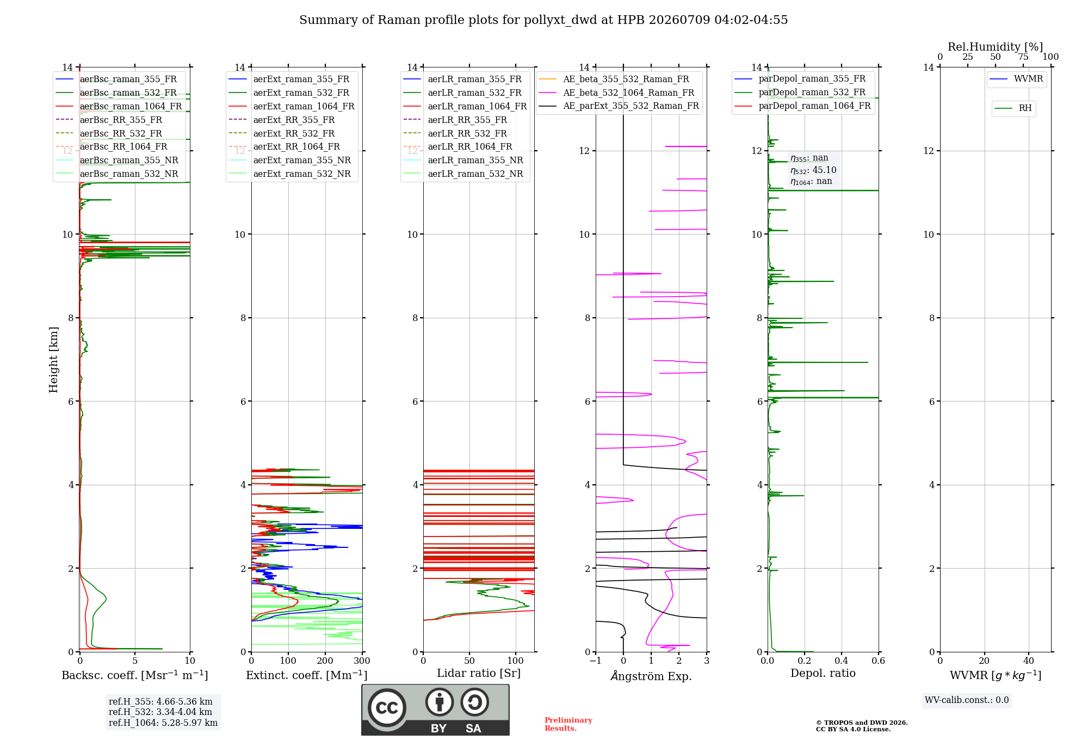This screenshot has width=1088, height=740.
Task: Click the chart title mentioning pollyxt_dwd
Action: coord(543,20)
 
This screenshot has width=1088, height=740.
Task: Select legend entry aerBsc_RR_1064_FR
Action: coord(123,147)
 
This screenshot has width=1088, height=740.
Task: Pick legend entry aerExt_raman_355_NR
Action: coord(302,161)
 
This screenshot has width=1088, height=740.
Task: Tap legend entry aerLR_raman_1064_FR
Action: coord(477,107)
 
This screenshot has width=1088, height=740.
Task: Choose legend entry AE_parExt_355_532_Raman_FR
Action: coord(631,106)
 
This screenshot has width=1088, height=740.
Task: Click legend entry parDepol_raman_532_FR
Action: coord(812,92)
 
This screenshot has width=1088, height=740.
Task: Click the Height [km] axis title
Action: coord(53,360)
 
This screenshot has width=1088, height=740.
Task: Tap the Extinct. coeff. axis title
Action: coord(307,675)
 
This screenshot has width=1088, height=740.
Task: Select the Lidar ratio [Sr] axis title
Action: coord(479,674)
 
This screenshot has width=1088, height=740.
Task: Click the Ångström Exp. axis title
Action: coord(651,676)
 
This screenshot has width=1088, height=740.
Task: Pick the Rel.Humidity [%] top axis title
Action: coord(996,47)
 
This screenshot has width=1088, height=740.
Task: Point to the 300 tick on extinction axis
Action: coord(362,661)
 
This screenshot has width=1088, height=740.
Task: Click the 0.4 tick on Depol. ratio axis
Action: coord(842,661)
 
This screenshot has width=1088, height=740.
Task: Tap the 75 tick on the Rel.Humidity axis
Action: coord(1023,57)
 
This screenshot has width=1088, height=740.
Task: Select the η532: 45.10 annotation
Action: coord(813,170)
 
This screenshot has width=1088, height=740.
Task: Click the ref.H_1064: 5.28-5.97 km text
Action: coord(163,723)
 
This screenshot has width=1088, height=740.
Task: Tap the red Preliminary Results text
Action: coord(568,724)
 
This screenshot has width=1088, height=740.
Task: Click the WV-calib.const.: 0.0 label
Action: coord(967,700)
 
